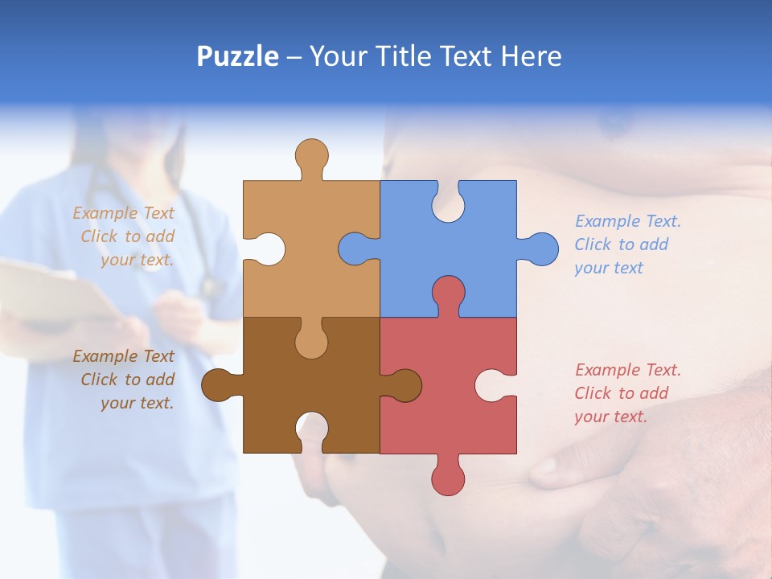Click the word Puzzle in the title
point(238,56)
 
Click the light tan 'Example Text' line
point(123,213)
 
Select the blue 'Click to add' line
point(622,244)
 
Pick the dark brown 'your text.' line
point(137,403)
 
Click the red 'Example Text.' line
point(628,370)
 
